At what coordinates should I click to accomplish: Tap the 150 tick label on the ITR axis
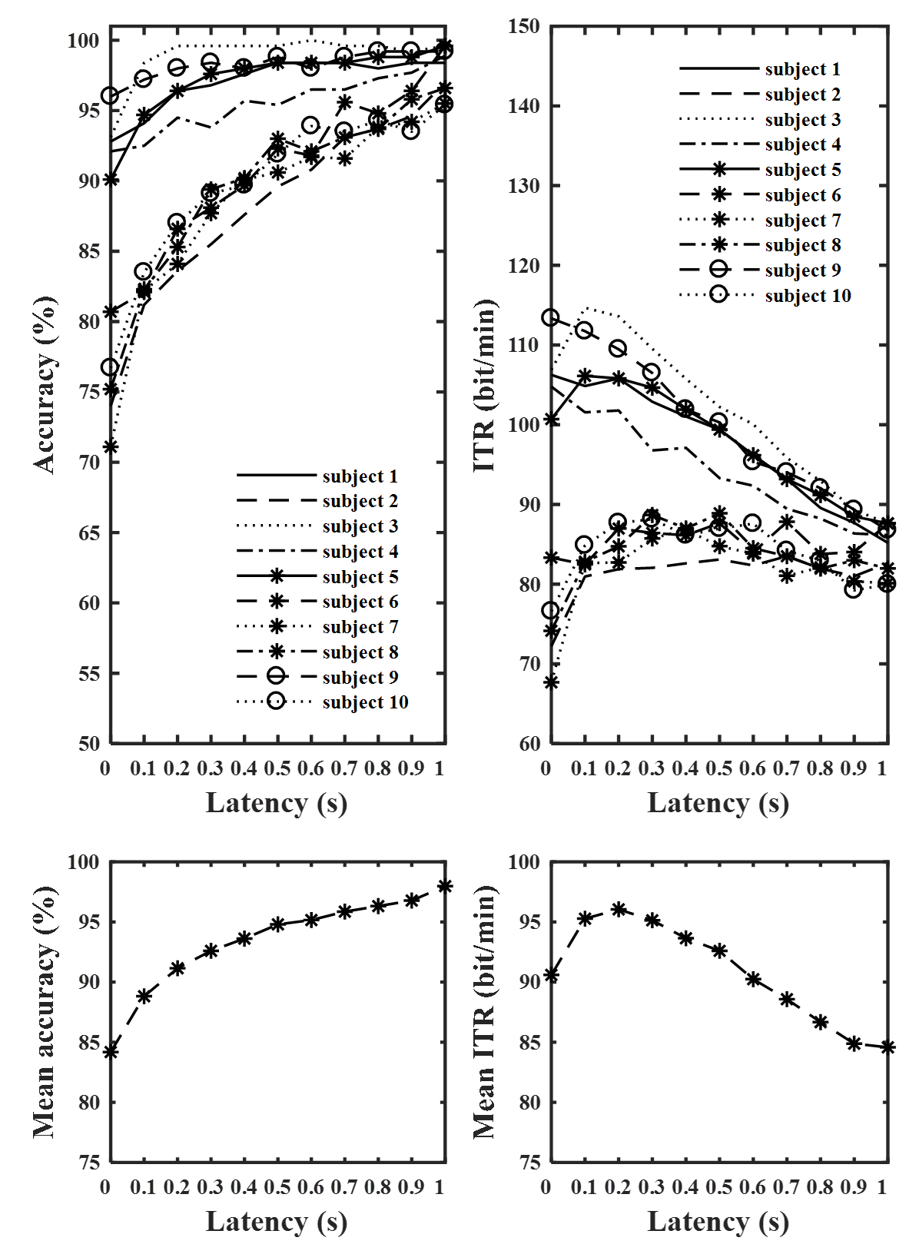[x=524, y=26]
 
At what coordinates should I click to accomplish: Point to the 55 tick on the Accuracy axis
[x=88, y=674]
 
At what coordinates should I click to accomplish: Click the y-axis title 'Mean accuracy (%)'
[x=45, y=1011]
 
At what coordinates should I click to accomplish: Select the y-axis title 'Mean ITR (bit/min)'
[x=485, y=1011]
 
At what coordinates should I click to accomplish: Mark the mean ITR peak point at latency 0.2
[x=619, y=909]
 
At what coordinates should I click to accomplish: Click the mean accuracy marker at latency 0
[x=111, y=1052]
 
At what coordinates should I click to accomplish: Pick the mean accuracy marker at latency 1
[x=445, y=886]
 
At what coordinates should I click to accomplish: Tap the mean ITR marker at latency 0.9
[x=854, y=1043]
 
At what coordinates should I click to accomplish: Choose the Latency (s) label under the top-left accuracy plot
[x=277, y=803]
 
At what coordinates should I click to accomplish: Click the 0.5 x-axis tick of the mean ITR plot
[x=719, y=1187]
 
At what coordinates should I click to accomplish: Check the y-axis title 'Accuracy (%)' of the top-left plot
[x=45, y=384]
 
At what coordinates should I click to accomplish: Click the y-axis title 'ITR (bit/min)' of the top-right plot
[x=485, y=384]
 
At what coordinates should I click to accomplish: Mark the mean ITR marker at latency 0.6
[x=753, y=980]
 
